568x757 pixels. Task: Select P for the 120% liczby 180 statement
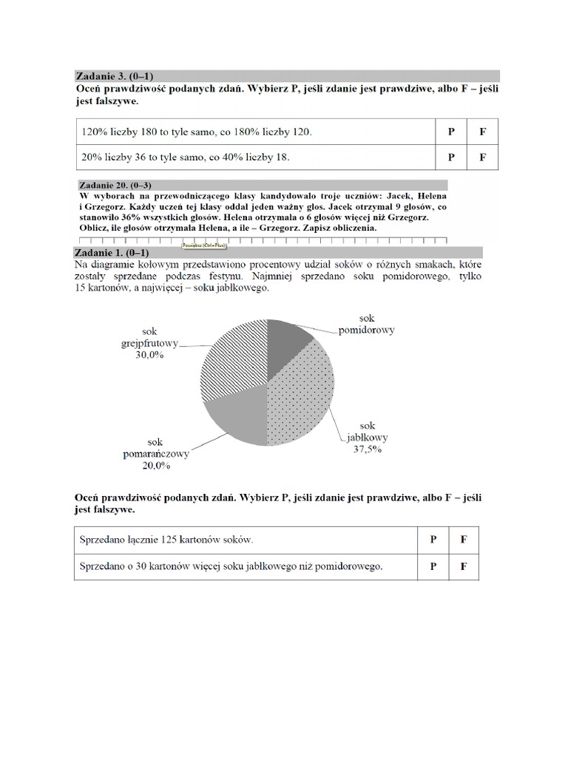[450, 132]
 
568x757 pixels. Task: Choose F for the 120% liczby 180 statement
[482, 132]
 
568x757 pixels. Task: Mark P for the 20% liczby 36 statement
[450, 157]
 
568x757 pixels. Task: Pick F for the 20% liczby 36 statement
[482, 157]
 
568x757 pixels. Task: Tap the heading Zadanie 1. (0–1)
[114, 252]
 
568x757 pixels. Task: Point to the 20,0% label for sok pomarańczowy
[156, 466]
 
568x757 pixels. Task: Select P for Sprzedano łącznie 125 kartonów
[433, 540]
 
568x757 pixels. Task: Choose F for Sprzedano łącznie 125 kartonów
[464, 540]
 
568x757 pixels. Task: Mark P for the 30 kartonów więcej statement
[433, 567]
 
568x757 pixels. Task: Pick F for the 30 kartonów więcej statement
[464, 567]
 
